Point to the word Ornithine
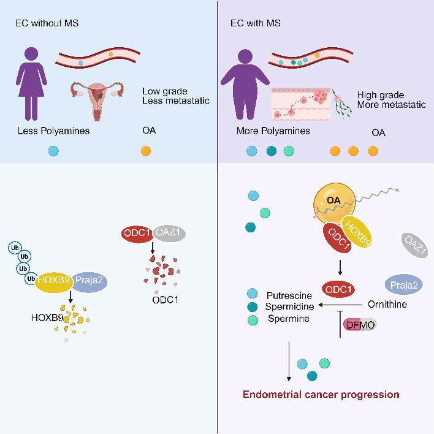[388, 304]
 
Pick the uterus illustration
[95, 98]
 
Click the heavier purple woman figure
[245, 86]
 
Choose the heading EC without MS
[47, 24]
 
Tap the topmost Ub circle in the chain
[14, 248]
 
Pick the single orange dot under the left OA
[145, 151]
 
